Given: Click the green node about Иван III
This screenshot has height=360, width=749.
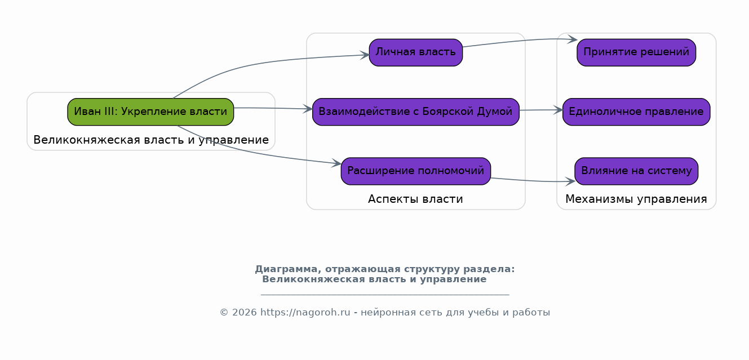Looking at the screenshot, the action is [150, 112].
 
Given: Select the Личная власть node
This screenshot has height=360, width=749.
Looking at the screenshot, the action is [415, 52].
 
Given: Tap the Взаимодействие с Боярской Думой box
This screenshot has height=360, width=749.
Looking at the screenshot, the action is [415, 112].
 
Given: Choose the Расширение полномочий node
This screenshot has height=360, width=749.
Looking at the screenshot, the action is [415, 171].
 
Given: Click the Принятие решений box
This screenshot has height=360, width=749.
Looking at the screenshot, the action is [636, 52].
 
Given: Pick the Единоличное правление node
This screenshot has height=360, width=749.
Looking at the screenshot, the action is [636, 112].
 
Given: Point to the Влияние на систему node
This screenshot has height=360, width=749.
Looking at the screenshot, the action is [636, 171].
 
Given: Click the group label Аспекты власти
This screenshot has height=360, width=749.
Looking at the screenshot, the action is [415, 199].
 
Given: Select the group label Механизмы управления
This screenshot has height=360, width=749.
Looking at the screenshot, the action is [636, 199].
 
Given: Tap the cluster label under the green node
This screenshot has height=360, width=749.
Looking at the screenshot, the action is [151, 140].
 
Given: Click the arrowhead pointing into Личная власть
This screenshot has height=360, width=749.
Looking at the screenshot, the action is [365, 55].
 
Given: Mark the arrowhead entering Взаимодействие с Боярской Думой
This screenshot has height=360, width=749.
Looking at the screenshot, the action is [308, 109].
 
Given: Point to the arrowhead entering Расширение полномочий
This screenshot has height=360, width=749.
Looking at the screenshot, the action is [336, 163].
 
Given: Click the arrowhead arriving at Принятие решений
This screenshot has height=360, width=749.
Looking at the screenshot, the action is [573, 39].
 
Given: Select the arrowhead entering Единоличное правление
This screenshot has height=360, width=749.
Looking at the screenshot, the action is [558, 110].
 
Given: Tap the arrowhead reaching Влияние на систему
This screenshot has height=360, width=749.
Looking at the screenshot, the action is [570, 181].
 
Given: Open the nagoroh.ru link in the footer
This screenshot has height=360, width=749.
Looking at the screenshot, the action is [305, 313].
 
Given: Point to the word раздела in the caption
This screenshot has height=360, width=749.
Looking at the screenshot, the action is [489, 269].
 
